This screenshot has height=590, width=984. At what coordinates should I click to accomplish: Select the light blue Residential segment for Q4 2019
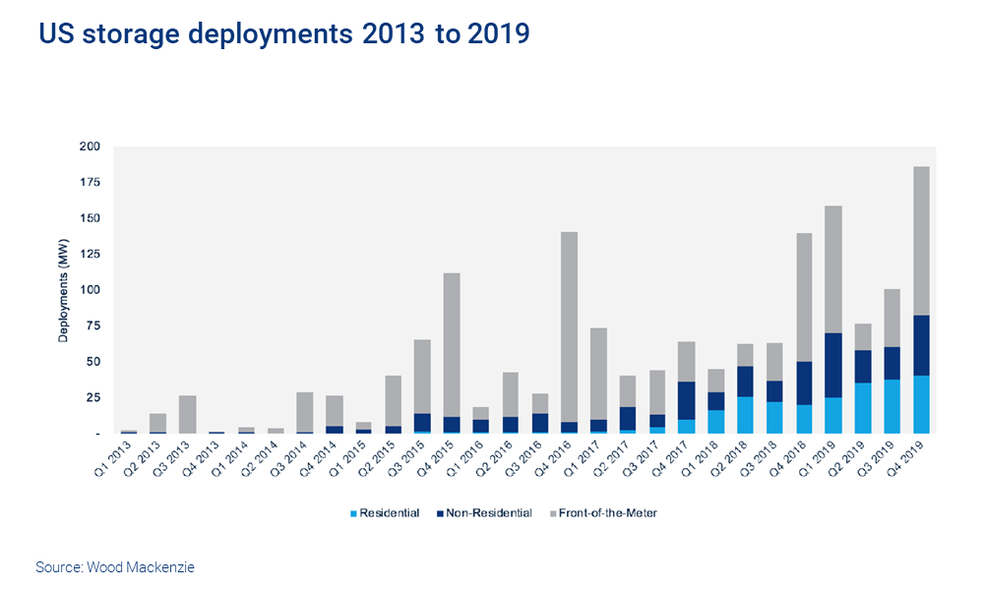[921, 404]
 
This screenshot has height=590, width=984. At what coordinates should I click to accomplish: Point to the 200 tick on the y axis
[90, 147]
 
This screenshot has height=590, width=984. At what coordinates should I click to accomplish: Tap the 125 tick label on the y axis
[90, 255]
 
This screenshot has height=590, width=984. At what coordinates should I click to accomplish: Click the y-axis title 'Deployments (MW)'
[63, 290]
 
